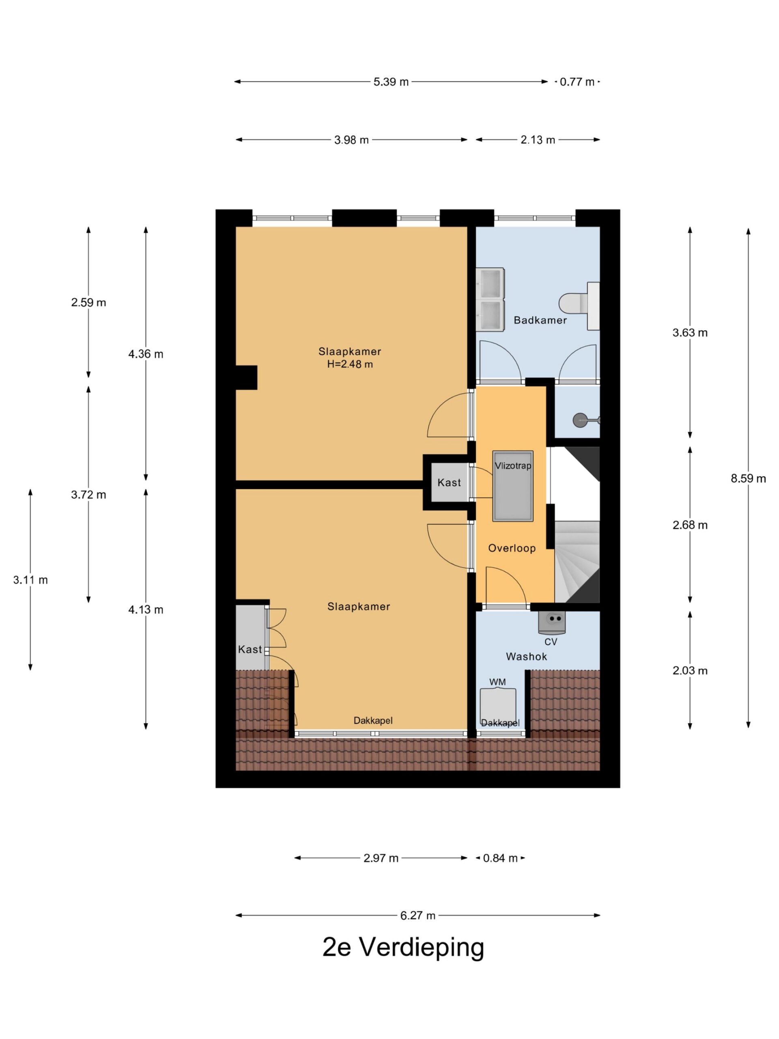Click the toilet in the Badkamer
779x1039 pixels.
pos(579,305)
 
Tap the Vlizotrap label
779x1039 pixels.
pos(513,466)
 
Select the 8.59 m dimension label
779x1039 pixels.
pos(748,478)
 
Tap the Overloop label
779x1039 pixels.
pos(512,548)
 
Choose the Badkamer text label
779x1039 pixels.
pos(540,320)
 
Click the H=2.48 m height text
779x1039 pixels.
pos(350,364)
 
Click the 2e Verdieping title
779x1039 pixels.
pos(403,947)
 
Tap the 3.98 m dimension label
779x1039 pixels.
pos(351,140)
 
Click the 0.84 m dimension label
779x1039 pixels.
pos(500,858)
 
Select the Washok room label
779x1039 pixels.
pos(526,657)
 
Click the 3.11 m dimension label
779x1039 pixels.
pos(30,580)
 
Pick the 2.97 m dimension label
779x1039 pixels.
pos(381,858)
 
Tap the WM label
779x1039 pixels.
pos(497,682)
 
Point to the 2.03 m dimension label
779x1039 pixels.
pos(690,670)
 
